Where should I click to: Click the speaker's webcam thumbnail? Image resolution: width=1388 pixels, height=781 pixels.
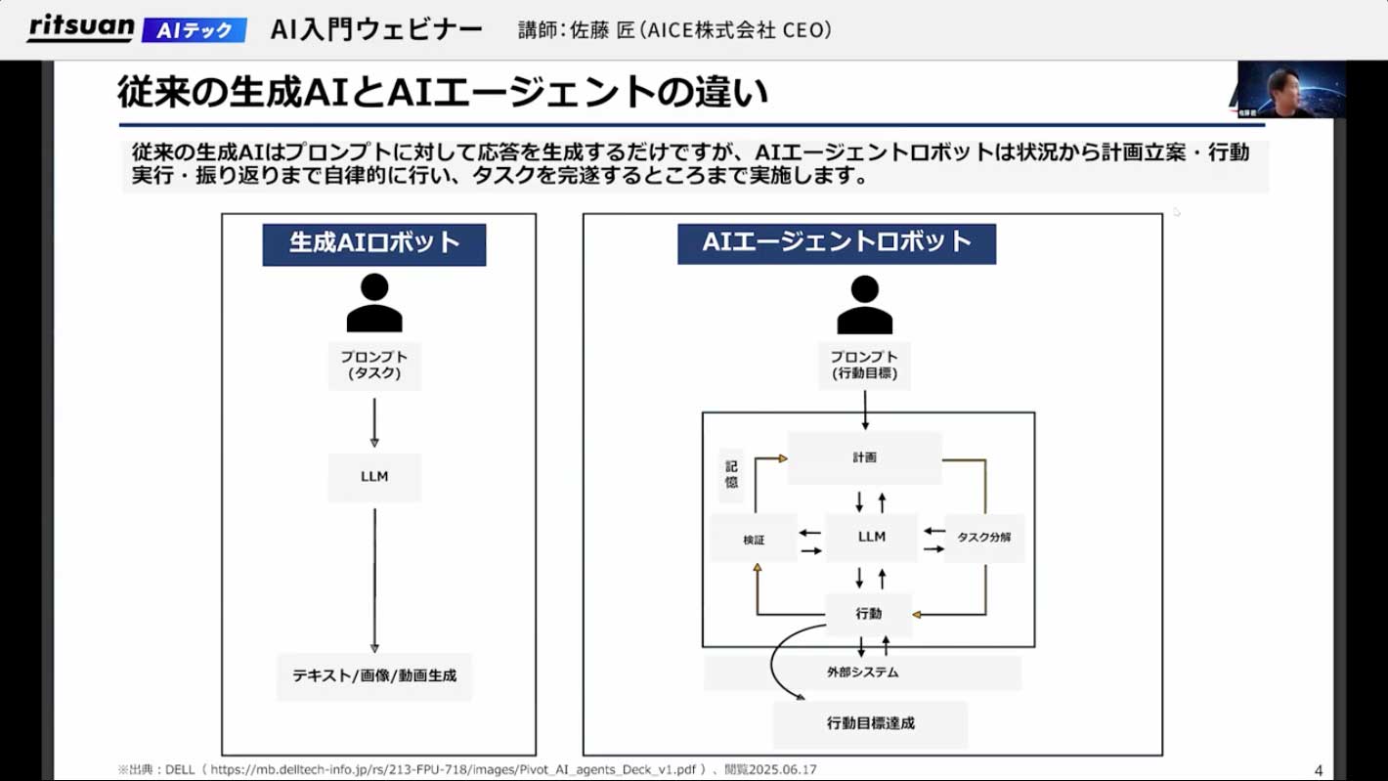1291,90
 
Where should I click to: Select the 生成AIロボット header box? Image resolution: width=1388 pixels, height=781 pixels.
373,243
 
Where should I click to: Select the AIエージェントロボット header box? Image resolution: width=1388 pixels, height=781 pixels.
837,242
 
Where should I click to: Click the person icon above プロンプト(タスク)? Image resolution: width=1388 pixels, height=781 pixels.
374,303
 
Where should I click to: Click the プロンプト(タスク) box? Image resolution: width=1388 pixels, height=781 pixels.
374,366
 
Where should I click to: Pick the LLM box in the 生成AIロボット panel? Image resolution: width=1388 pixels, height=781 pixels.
374,477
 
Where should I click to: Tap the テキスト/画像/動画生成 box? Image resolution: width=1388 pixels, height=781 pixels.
374,675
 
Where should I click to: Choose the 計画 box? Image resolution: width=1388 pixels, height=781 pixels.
864,457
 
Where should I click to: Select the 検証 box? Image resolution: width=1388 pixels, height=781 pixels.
753,539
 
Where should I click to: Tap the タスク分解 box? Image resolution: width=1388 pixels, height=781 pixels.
983,538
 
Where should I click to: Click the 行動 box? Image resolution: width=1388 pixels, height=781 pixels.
868,614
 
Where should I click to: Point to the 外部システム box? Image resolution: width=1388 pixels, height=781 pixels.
862,673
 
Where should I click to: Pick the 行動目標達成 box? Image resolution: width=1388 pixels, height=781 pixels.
870,724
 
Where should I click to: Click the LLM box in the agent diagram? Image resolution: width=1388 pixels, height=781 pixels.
871,537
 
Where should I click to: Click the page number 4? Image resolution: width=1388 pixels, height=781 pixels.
1319,768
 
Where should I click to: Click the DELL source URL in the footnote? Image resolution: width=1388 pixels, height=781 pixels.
458,770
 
